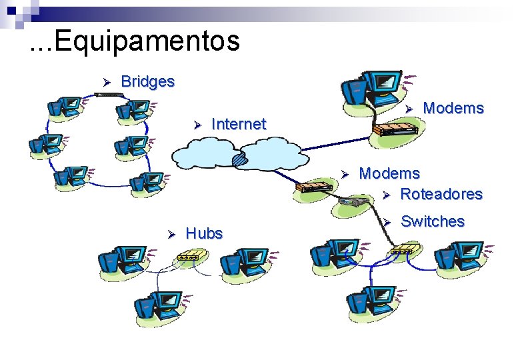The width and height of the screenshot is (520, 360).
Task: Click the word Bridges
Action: (147, 81)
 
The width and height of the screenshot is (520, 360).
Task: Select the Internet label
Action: (238, 123)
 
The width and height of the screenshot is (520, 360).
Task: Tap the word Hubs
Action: (204, 233)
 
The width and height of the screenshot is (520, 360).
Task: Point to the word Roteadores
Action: (441, 194)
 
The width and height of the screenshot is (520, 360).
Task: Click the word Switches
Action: (433, 221)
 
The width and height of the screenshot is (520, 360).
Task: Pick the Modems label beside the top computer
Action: (453, 108)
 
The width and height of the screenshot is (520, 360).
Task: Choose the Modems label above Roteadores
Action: (389, 174)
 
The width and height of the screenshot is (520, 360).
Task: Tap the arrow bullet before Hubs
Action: (171, 233)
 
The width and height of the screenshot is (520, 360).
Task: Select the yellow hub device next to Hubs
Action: (189, 255)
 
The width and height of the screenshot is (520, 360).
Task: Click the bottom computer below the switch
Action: (371, 303)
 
